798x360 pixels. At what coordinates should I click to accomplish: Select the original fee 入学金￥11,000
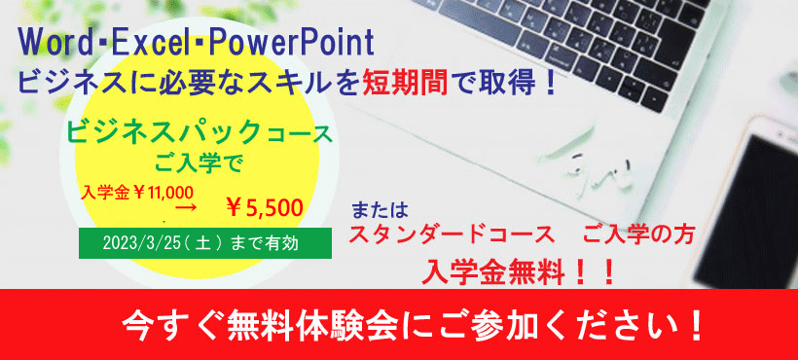click(x=136, y=191)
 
